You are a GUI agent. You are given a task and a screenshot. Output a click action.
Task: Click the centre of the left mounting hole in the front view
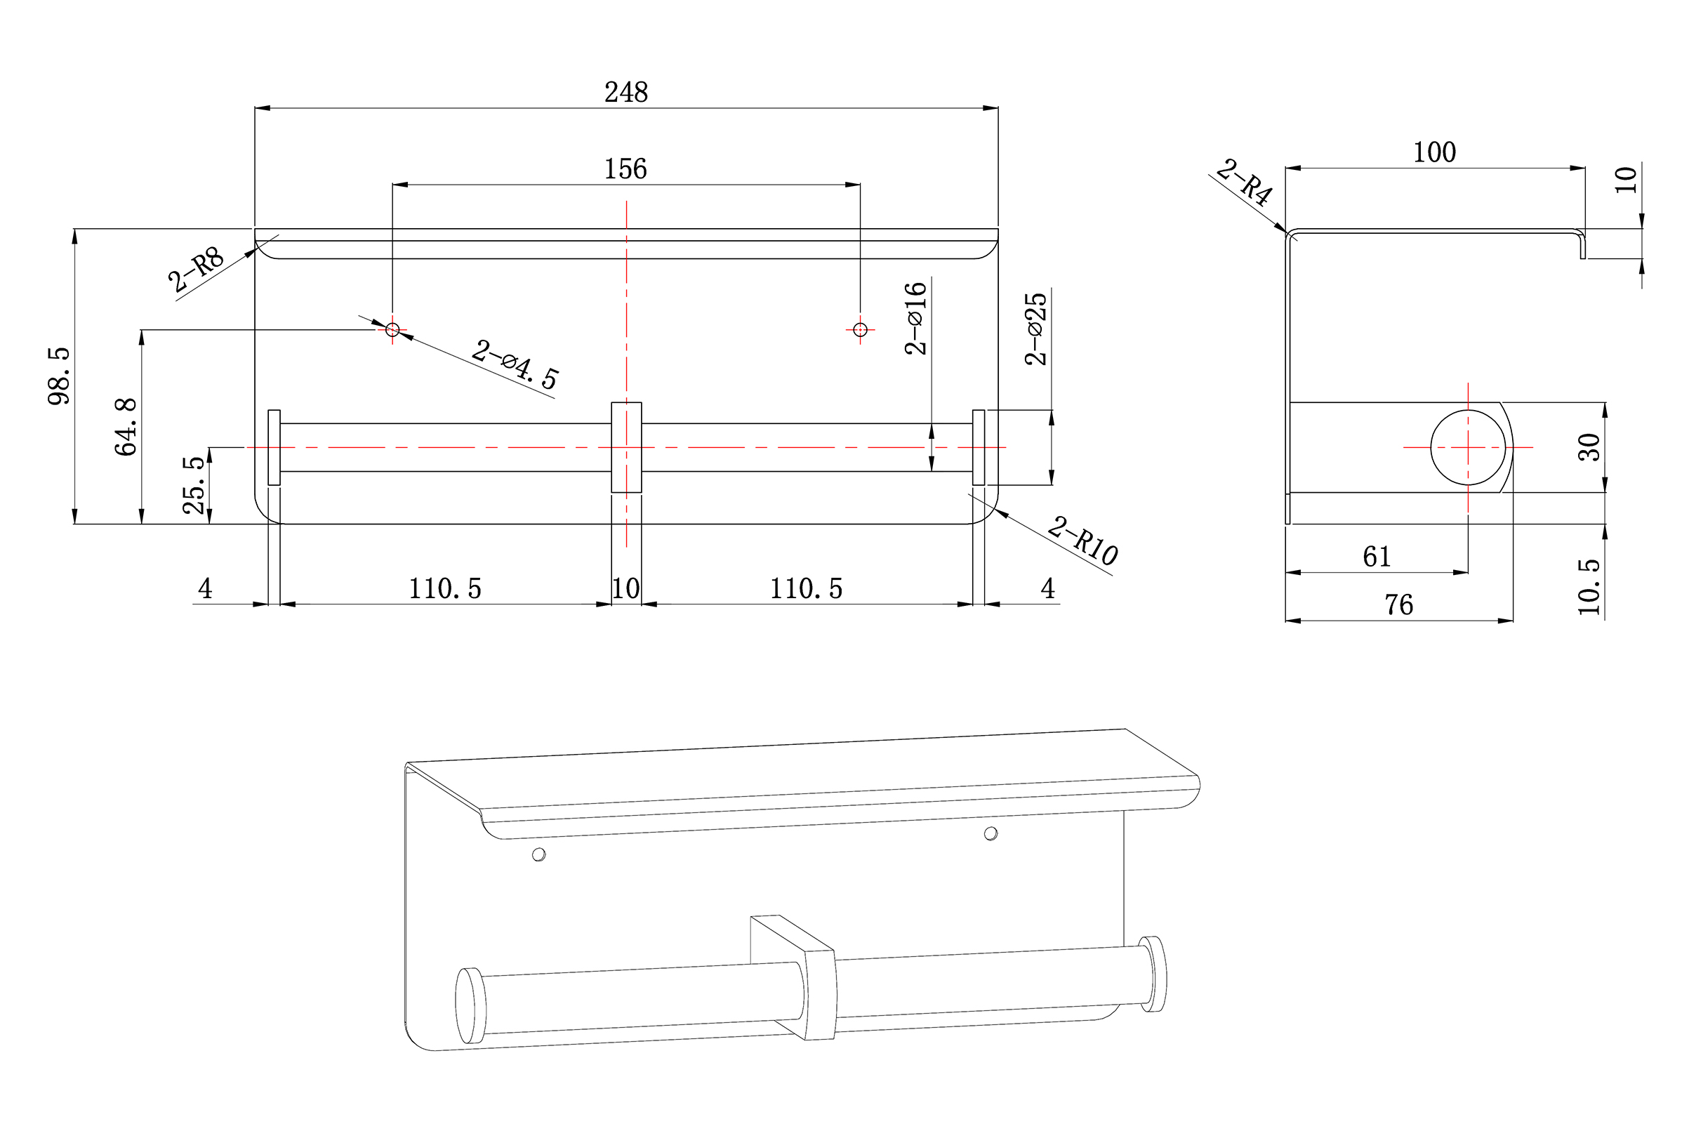(x=392, y=330)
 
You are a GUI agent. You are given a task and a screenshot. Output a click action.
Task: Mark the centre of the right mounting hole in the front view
(x=860, y=330)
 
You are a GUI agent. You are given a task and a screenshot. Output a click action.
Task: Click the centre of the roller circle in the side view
(x=1468, y=447)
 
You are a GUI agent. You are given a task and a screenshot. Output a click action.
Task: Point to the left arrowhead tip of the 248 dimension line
(x=255, y=108)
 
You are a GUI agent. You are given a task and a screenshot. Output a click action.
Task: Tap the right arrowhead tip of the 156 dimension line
(x=860, y=185)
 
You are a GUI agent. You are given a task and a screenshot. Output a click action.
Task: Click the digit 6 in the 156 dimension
(x=640, y=169)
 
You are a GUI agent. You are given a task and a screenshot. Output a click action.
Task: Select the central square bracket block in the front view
(x=626, y=447)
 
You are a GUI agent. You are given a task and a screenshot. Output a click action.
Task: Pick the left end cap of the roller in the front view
(x=274, y=447)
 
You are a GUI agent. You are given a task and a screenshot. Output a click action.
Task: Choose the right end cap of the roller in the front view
(x=979, y=447)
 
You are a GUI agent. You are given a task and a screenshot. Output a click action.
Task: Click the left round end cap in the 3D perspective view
(x=470, y=1005)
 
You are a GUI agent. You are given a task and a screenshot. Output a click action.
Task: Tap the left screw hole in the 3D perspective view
(x=538, y=854)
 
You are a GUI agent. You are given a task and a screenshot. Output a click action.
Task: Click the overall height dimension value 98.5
(x=59, y=376)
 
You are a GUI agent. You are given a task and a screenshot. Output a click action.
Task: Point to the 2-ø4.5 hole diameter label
(x=515, y=365)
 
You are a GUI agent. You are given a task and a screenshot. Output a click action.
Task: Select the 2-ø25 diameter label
(x=1035, y=329)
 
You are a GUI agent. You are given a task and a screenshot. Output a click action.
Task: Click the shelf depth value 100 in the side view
(x=1434, y=152)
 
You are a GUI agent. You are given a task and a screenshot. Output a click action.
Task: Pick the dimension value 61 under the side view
(x=1377, y=556)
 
